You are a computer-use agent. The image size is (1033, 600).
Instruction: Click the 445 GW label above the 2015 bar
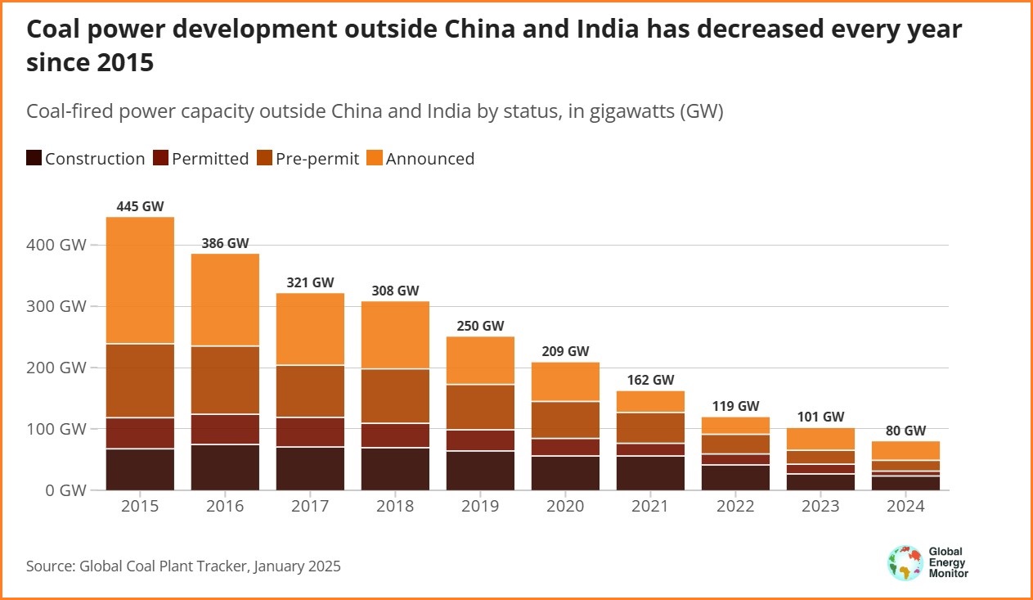coord(140,206)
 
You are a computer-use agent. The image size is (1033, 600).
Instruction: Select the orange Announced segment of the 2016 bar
coord(225,300)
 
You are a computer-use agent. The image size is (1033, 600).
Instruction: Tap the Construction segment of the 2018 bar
coord(395,468)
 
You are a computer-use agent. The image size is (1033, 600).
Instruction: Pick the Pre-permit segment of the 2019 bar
coord(480,407)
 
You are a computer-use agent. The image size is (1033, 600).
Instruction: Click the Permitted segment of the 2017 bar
coord(310,431)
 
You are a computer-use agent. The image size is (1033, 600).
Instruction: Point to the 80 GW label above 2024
coord(905,431)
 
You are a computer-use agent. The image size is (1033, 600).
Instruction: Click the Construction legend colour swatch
coord(34,159)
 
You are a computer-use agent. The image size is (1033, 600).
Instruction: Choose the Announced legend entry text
coord(429,159)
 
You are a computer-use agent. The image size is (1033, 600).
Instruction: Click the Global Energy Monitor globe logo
coord(905,563)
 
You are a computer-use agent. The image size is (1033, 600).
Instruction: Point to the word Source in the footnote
coord(51,566)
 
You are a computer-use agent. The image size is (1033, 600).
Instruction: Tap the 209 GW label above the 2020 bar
coord(565,351)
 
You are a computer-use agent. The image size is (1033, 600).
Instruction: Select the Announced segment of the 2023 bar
coord(820,439)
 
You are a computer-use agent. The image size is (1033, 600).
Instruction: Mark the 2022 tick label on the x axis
coord(735,507)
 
